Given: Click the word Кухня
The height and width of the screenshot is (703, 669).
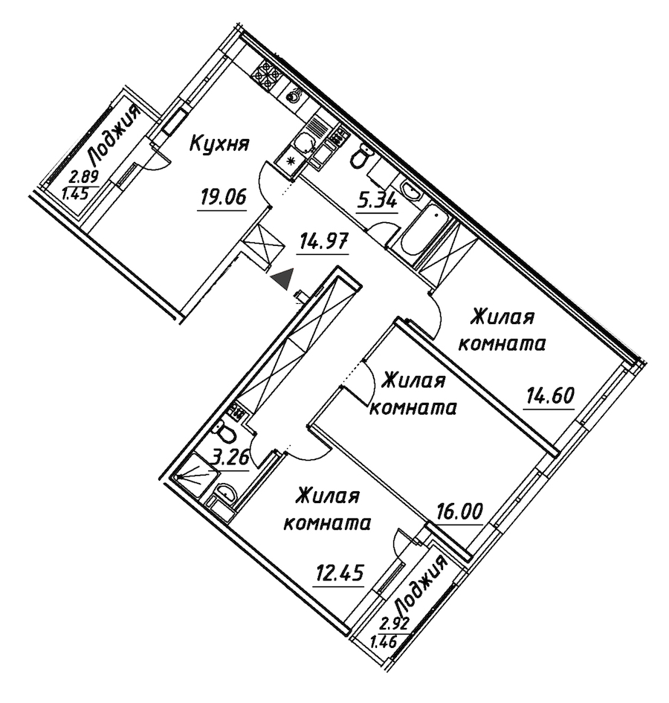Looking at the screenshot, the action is [220, 144].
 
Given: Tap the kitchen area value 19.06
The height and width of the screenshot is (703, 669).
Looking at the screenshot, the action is [223, 197].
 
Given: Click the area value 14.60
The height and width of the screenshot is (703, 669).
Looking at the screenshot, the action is [550, 396].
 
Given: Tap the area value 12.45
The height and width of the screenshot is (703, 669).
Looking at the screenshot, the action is [339, 572].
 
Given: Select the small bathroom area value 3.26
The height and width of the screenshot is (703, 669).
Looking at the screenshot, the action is [230, 459].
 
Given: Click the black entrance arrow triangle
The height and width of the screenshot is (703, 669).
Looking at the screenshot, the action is [283, 279].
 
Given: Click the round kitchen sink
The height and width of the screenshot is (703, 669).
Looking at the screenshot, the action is [294, 96].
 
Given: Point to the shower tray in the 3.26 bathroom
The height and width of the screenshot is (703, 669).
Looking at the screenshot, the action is [192, 476].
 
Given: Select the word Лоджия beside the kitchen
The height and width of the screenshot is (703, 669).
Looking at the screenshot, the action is [114, 134].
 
